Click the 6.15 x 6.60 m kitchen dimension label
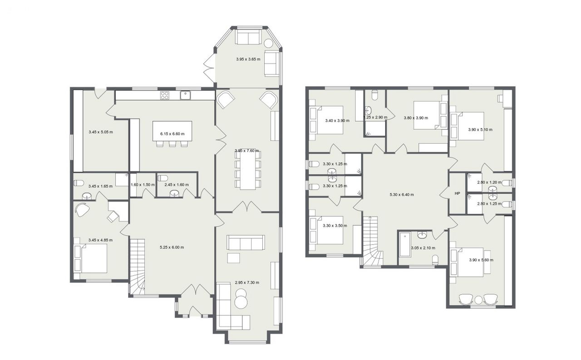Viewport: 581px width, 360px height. tap(172, 134)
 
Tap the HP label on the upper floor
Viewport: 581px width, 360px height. tap(457, 193)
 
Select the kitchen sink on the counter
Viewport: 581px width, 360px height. tap(186, 95)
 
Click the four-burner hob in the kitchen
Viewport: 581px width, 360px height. tap(164, 95)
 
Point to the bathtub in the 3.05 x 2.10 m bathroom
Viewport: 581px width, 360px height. tap(404, 244)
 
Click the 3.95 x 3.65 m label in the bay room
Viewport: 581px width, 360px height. tap(248, 59)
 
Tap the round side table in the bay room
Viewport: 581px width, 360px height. tap(268, 43)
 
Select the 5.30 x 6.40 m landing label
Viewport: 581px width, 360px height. tap(402, 194)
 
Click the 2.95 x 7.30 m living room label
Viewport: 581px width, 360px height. tap(246, 282)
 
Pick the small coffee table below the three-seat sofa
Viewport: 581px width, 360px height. tap(234, 258)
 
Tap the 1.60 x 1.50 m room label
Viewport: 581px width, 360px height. tap(143, 185)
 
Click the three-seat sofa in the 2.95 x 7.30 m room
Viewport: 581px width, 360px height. tap(246, 242)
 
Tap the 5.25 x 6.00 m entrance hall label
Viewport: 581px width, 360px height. tap(172, 247)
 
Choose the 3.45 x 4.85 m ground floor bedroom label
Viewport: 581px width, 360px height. tap(100, 240)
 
